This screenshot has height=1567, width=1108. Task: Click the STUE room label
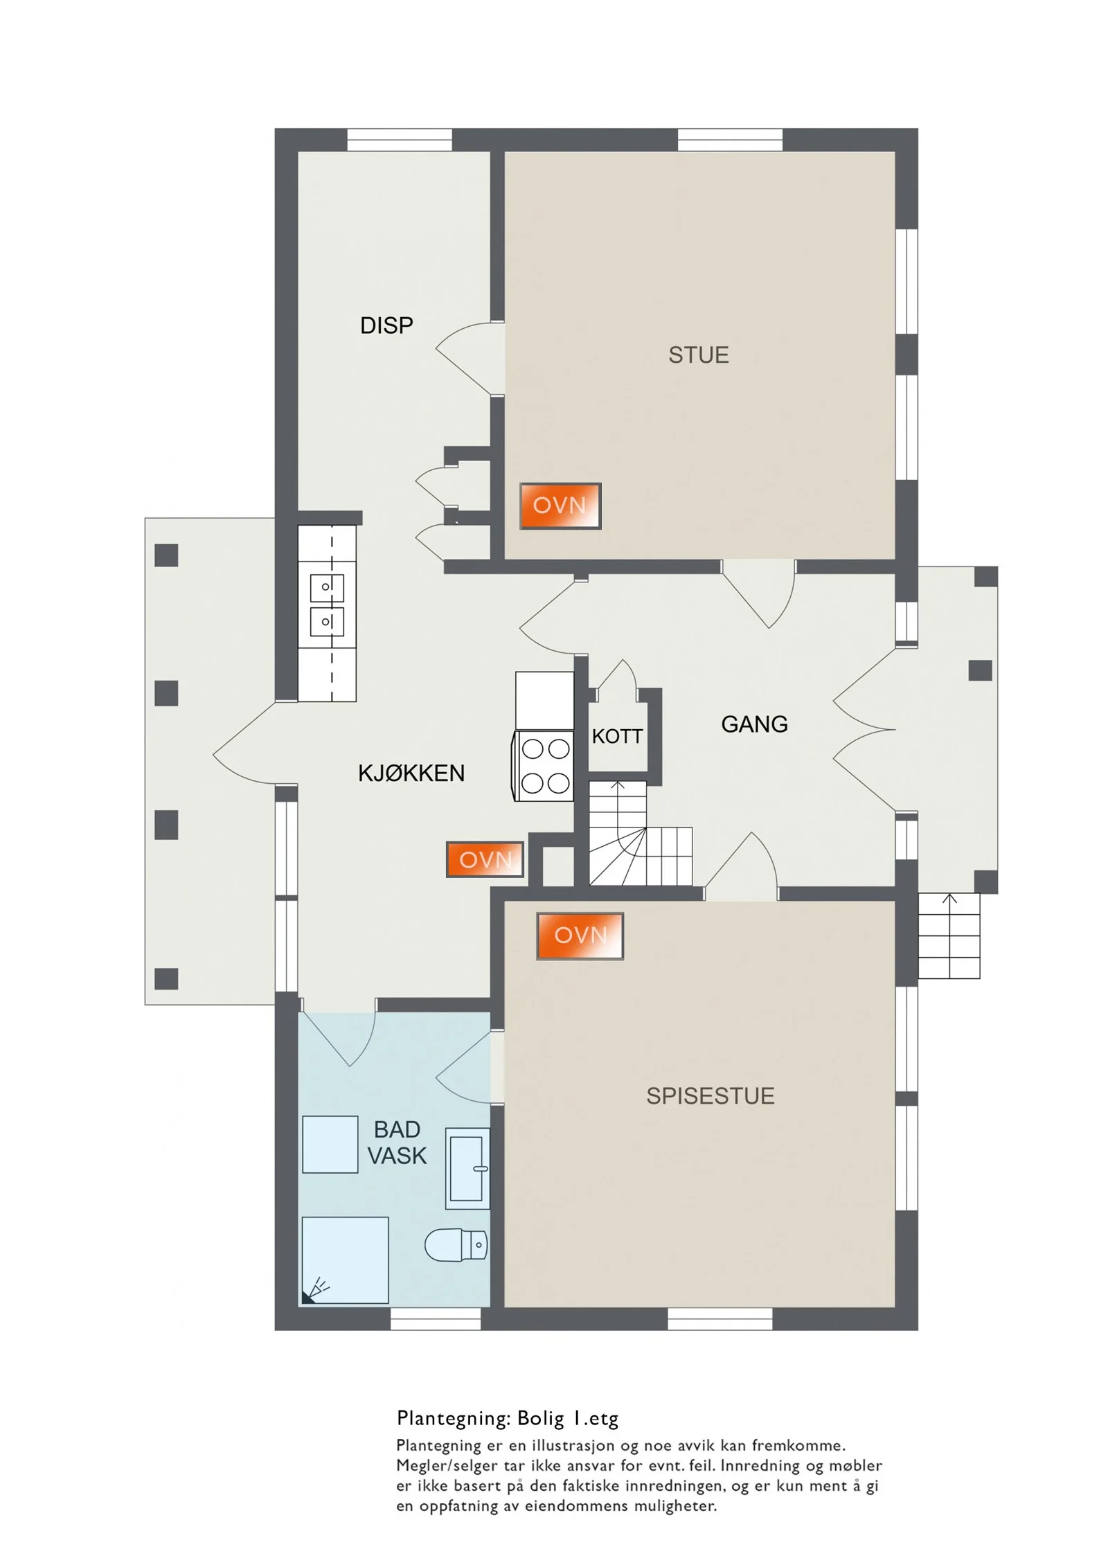698,355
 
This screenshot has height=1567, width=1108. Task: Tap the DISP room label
386,325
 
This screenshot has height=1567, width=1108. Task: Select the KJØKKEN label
411,773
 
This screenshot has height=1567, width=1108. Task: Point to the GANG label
754,724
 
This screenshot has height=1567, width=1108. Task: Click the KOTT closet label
617,736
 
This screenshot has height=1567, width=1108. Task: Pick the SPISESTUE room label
711,1096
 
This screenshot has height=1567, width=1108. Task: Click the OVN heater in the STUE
560,506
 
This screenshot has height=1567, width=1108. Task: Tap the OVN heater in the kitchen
485,860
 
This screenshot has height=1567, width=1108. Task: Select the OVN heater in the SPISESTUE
580,935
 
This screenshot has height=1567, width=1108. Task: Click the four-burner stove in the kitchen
544,766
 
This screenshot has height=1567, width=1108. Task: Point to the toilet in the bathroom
456,1246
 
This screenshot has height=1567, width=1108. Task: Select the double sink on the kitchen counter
327,604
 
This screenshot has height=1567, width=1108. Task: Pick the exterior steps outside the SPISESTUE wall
949,935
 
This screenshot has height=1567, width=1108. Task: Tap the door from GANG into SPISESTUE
741,866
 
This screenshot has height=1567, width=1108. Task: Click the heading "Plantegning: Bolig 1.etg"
508,1418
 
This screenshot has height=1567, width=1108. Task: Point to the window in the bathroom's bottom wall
436,1319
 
